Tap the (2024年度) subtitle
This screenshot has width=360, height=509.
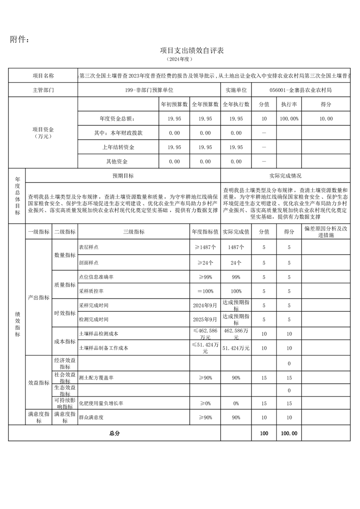180,59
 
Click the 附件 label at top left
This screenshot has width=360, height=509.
20,39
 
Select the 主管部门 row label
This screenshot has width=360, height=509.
43,90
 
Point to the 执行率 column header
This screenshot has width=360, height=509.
289,104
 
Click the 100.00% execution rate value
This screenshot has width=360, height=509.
289,118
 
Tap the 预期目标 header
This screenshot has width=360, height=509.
123,176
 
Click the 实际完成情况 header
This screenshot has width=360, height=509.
285,176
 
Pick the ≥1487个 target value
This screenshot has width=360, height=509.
205,247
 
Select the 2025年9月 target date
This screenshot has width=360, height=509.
205,319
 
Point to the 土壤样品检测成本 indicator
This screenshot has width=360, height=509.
99,333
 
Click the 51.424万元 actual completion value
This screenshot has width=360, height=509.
236,348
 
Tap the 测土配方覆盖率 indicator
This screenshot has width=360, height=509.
96,377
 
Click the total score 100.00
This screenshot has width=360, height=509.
289,433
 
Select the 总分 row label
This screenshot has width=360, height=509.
114,433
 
